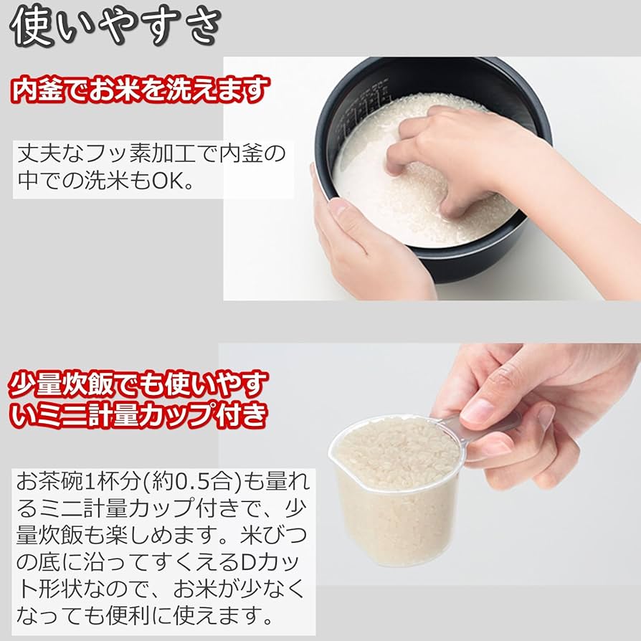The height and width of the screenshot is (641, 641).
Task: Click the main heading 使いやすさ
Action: (x=115, y=27)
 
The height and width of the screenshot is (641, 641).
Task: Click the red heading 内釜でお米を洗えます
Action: (x=141, y=90)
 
